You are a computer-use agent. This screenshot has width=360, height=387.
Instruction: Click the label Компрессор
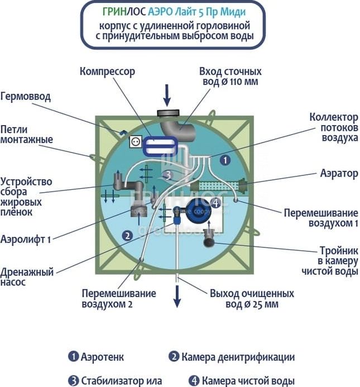[107, 71]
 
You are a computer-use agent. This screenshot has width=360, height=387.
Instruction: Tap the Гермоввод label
[26, 97]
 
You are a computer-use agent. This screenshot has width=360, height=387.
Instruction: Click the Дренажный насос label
[26, 278]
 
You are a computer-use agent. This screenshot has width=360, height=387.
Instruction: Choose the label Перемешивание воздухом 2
[118, 299]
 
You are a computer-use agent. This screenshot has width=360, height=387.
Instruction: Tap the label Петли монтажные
[26, 134]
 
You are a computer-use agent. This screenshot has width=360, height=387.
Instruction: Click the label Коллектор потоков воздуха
[334, 128]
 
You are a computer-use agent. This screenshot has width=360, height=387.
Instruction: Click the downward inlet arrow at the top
[166, 95]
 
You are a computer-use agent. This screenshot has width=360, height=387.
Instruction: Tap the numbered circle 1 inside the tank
[224, 160]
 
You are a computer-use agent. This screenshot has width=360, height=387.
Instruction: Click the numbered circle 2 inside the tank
[128, 236]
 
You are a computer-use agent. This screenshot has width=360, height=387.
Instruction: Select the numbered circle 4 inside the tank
[217, 204]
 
